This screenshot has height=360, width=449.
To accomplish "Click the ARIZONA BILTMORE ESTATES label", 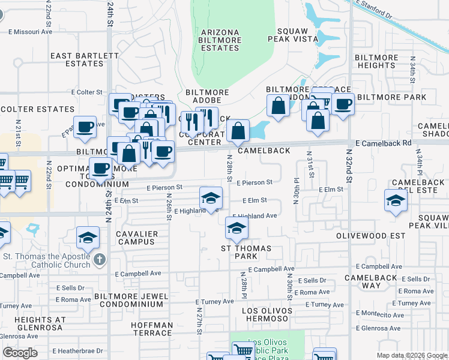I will [221, 40].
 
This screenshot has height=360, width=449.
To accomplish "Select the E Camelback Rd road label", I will [383, 143].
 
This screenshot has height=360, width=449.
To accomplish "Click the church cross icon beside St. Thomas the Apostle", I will [100, 260].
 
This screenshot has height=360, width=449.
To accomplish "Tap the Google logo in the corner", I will [20, 353].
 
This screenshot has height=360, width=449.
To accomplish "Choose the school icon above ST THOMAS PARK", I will [237, 228].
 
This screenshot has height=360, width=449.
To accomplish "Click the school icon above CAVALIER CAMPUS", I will [88, 238].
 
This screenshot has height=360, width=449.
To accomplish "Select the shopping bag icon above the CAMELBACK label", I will [238, 130].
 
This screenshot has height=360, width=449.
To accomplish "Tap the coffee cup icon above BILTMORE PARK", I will [343, 104].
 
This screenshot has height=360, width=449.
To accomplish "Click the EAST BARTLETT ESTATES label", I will [85, 59].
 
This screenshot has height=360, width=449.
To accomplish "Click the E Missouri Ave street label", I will [30, 32].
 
